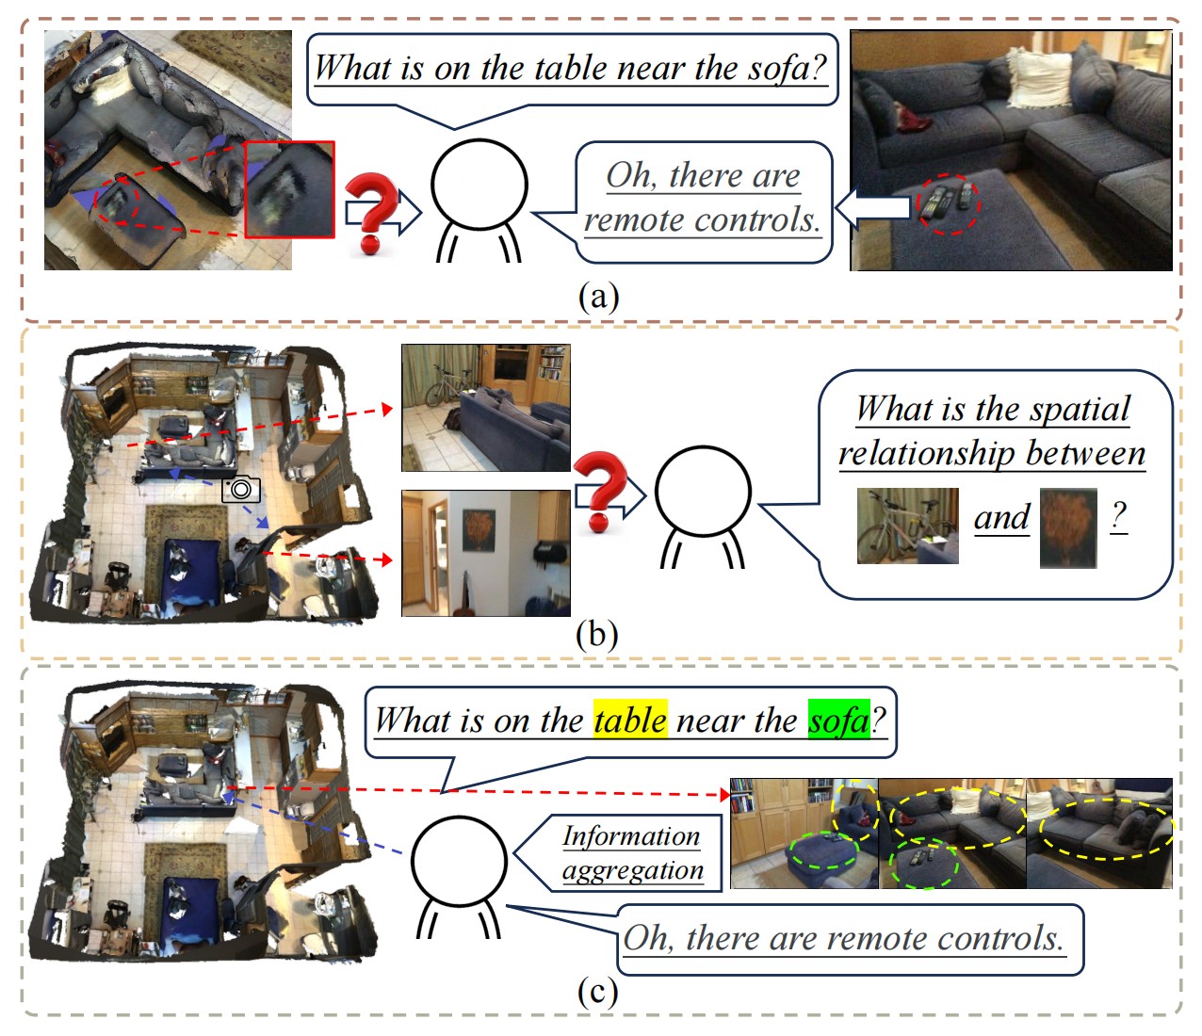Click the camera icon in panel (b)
click(x=241, y=489)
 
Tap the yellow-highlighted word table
click(x=630, y=720)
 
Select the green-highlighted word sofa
click(x=839, y=720)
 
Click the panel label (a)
click(x=598, y=297)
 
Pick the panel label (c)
click(x=598, y=992)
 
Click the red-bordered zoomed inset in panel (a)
click(x=289, y=189)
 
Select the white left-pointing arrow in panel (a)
click(x=872, y=207)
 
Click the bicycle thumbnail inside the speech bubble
click(x=908, y=526)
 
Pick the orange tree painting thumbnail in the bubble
click(x=1068, y=527)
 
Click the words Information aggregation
click(x=632, y=853)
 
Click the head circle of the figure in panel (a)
click(x=479, y=185)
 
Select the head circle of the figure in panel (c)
click(x=460, y=861)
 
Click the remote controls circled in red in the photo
click(x=948, y=202)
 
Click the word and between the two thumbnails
click(x=1001, y=517)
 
